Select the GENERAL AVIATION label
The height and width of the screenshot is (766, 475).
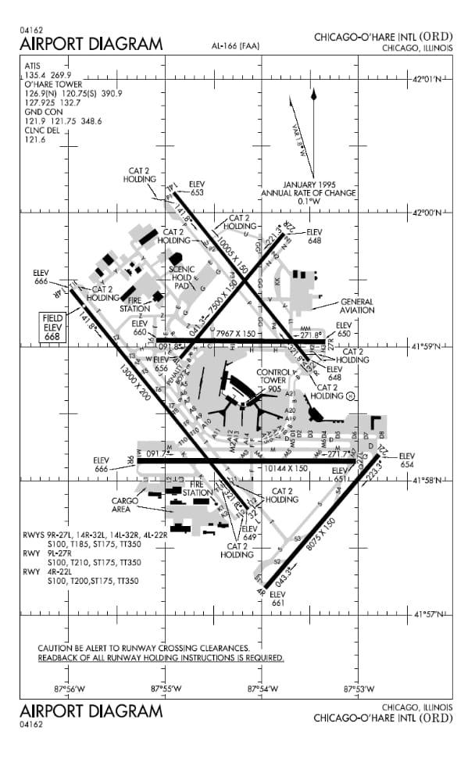point(355,306)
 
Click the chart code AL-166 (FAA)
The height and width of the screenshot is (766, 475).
point(235,46)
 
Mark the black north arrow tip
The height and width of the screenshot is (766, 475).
point(313,92)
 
